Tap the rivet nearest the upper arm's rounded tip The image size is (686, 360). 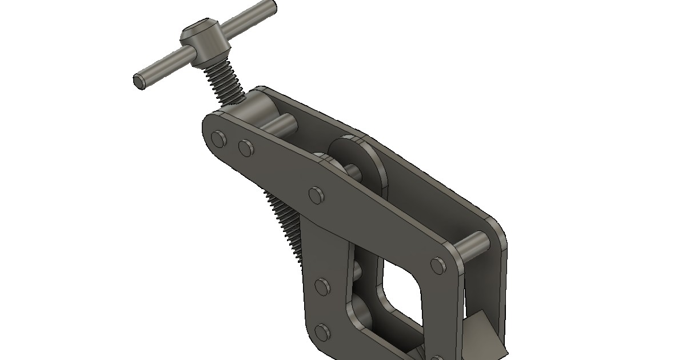coord(219,139)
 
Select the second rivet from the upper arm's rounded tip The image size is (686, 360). coord(245,148)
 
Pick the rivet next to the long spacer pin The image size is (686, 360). coord(438,265)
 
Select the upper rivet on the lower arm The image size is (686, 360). coord(323,287)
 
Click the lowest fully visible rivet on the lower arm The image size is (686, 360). coord(323,332)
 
